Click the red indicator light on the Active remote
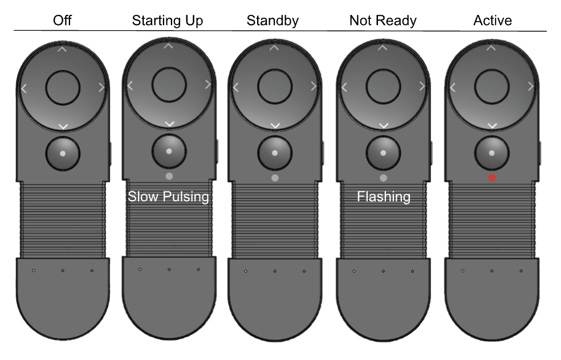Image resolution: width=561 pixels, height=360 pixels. pos(492,178)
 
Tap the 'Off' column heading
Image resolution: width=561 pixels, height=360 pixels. pos(63,21)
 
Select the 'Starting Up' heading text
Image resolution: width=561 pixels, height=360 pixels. pos(168,21)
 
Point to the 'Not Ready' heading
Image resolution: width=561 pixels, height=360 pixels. pos(383,21)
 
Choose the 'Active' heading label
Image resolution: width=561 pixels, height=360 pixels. pos(492,21)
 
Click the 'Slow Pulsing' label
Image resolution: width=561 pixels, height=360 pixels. pos(169,197)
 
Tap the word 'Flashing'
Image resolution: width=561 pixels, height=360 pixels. pos(383,197)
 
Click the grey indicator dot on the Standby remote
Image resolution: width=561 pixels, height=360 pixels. pos(275,178)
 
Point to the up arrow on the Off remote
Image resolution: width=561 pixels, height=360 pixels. pos(63,49)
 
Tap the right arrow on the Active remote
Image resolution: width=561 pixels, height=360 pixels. pos(531,87)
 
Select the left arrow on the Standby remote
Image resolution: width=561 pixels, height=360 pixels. pos(236,87)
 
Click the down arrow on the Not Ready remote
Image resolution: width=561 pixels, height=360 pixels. pos(383,125)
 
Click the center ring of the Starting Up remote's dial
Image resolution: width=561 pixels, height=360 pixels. pos(169,85)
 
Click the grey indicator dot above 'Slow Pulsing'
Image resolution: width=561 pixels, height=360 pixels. pos(169,176)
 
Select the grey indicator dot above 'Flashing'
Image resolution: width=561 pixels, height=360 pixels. pos(383,178)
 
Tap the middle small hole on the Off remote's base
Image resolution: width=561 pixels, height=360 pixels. pos(63,270)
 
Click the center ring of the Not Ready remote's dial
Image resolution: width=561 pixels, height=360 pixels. pos(383,87)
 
